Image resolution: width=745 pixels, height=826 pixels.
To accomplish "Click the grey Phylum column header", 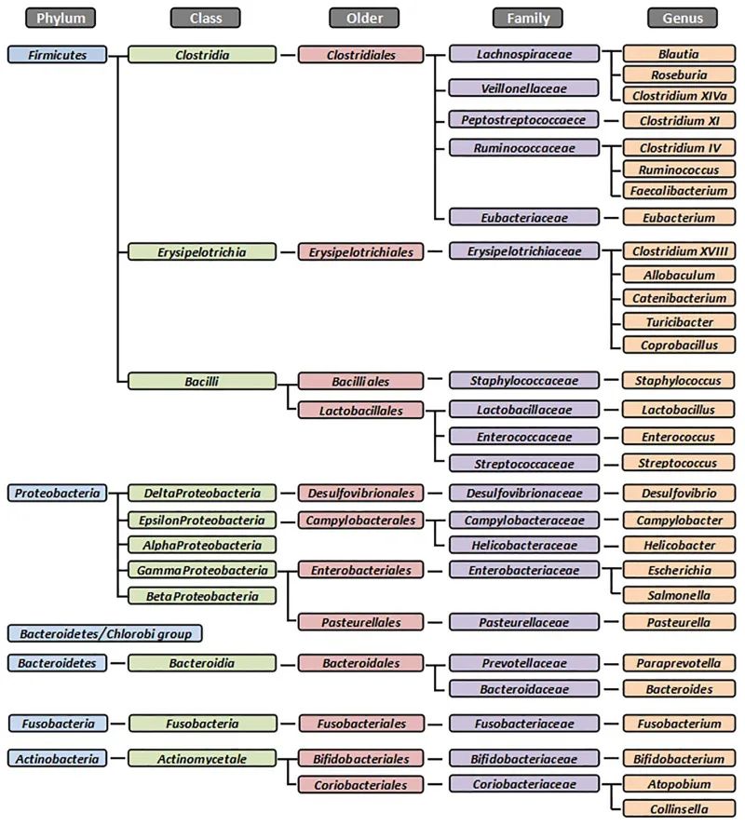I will (61, 18).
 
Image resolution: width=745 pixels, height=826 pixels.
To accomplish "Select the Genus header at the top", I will (683, 18).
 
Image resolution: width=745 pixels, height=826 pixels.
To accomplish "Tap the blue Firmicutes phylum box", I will (57, 55).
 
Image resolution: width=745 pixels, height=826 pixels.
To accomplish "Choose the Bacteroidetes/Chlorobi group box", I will (104, 634).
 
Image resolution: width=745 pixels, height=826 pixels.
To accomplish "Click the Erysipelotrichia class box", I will (202, 251).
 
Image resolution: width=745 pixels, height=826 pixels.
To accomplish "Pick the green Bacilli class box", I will (202, 381).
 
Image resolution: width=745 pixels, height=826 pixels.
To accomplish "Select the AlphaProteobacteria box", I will (202, 546).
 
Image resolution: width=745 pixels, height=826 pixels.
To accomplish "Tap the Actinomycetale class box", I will (202, 760).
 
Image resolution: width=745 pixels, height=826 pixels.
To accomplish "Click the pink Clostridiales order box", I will (360, 55).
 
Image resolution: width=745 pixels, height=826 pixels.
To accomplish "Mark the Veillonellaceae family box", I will (522, 88).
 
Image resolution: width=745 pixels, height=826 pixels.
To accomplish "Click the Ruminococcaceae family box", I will (522, 148).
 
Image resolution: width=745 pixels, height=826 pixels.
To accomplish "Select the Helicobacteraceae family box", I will (522, 546).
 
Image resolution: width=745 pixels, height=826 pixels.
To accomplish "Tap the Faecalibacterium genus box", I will (679, 191).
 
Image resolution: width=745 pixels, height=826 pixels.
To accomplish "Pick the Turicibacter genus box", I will (679, 322).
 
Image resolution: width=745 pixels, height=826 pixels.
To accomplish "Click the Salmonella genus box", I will (679, 595).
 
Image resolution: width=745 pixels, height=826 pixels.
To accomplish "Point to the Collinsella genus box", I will (679, 809).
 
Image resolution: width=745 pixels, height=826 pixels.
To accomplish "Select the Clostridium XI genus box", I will (679, 120).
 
